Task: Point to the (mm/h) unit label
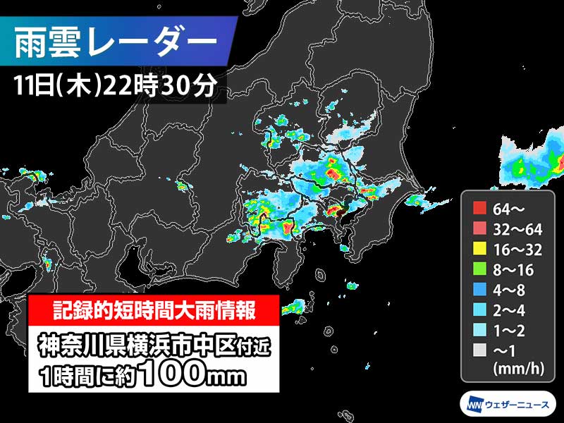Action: [x=517, y=367]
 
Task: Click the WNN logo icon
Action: [x=473, y=404]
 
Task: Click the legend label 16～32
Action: [x=518, y=248]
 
